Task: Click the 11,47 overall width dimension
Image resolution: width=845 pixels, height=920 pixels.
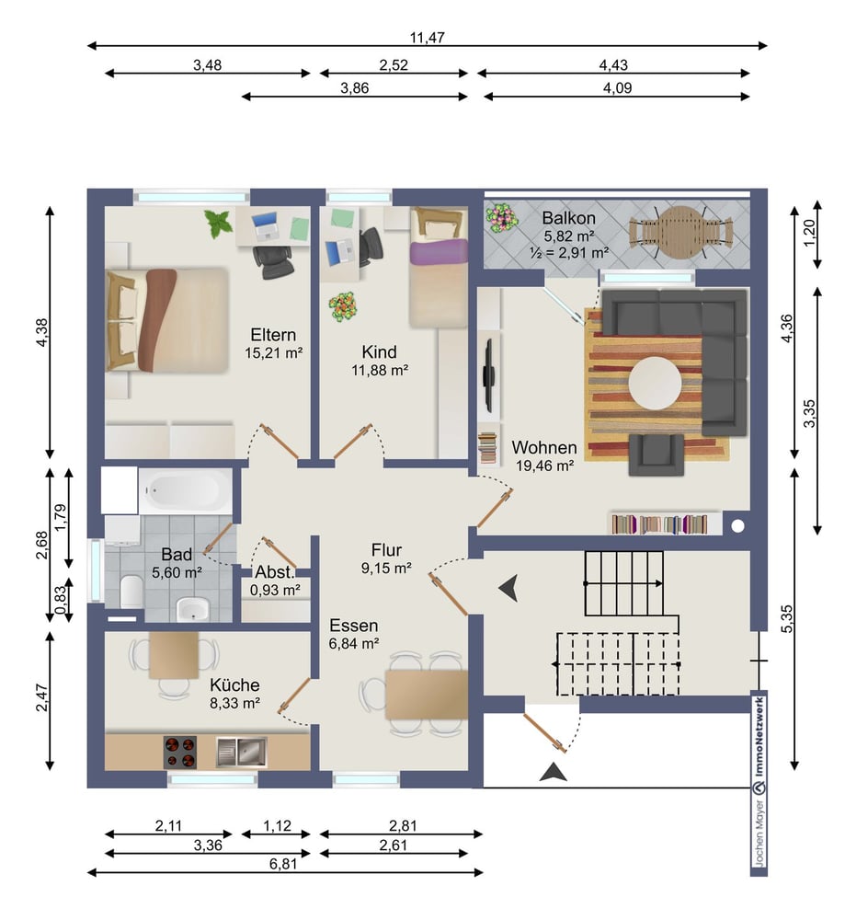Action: click(x=427, y=38)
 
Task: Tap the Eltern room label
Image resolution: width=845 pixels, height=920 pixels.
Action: click(x=273, y=335)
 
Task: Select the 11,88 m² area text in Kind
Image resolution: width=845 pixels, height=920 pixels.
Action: click(x=380, y=370)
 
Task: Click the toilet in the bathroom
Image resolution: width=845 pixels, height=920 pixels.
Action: click(x=131, y=592)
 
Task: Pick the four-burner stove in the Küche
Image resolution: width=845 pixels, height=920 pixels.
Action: click(x=180, y=753)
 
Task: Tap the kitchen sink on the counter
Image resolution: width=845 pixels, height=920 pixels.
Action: click(x=242, y=753)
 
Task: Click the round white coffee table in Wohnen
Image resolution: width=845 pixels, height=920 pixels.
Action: click(x=655, y=383)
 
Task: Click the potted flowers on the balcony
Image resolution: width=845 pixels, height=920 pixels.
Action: click(x=502, y=217)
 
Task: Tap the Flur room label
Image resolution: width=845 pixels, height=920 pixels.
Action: click(x=386, y=550)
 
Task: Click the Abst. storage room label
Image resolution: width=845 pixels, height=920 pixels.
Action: click(x=274, y=572)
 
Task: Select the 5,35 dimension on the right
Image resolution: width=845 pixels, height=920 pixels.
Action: click(x=787, y=618)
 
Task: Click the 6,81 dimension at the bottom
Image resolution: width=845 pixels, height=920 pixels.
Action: click(x=283, y=864)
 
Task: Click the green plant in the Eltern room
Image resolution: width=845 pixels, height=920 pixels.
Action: click(x=218, y=224)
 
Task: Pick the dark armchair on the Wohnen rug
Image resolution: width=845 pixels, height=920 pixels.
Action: click(x=657, y=454)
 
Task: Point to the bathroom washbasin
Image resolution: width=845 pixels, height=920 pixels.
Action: click(x=193, y=609)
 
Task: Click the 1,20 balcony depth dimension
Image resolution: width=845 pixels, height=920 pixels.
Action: click(x=809, y=233)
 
